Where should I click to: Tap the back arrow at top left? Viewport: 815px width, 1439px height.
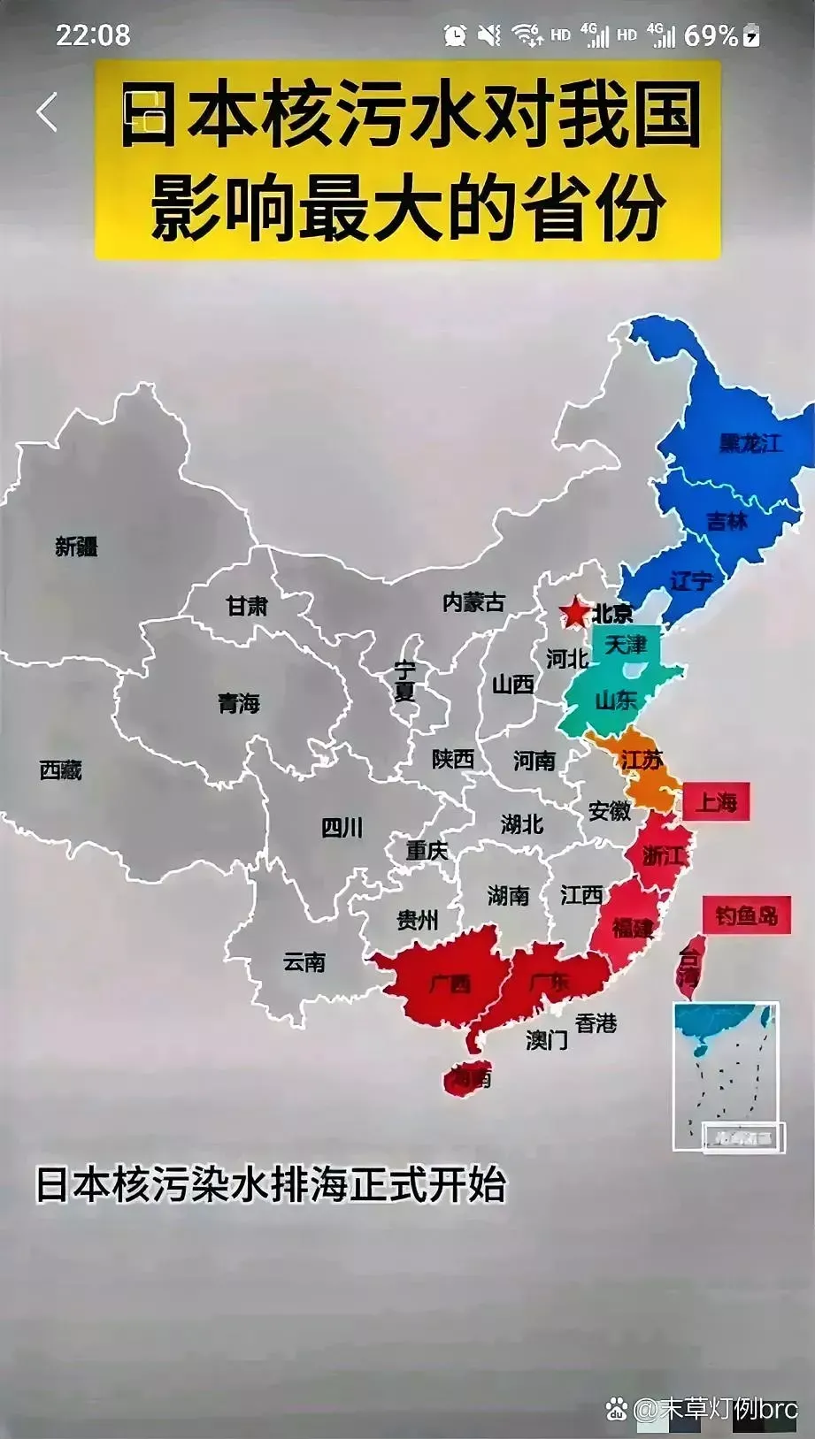(47, 112)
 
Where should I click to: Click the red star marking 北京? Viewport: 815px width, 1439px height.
(574, 611)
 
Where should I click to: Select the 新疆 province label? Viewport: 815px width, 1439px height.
(76, 547)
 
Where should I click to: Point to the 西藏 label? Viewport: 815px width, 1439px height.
(60, 770)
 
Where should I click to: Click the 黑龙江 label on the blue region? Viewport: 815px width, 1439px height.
(750, 442)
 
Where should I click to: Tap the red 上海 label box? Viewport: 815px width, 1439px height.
(716, 802)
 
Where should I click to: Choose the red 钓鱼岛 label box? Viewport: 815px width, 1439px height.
(746, 915)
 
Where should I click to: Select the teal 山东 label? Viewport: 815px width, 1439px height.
(616, 700)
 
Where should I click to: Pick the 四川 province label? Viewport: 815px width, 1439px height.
(342, 828)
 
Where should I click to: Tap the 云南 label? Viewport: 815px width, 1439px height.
(304, 961)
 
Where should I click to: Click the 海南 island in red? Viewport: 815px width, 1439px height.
(468, 1078)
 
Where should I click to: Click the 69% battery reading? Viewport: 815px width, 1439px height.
(711, 35)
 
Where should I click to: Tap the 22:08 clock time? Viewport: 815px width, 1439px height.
(93, 35)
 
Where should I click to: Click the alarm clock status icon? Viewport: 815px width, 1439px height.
(455, 35)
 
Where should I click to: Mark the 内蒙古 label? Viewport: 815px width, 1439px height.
(473, 602)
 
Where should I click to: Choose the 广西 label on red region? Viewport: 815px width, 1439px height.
(450, 984)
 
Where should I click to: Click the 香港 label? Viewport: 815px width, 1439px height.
(596, 1023)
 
